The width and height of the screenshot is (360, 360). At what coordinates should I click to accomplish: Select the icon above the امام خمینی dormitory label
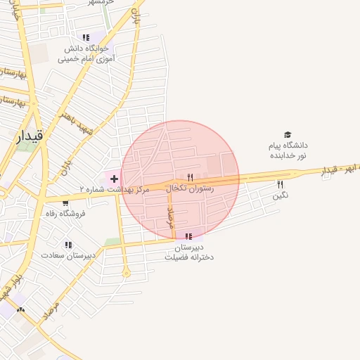(86, 38)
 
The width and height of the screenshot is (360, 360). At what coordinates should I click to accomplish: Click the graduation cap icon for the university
(287, 134)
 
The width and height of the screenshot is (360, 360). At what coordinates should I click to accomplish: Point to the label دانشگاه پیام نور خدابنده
(287, 150)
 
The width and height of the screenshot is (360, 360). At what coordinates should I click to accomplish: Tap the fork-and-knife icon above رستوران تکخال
(190, 177)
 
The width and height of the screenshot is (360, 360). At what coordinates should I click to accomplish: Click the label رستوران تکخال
(190, 189)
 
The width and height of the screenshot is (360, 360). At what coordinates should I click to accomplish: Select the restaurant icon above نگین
(281, 184)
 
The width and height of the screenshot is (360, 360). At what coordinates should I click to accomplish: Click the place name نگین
(281, 195)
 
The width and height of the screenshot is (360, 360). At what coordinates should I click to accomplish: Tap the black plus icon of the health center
(114, 179)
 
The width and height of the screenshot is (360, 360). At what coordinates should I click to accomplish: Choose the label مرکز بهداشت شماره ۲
(115, 190)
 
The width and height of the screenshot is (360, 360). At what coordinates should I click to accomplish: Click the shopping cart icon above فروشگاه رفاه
(65, 203)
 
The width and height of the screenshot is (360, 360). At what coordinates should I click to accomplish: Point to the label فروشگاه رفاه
(65, 213)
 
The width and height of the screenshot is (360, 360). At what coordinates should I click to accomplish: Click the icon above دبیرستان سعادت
(68, 245)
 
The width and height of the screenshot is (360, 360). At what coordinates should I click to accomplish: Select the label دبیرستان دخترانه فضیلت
(188, 252)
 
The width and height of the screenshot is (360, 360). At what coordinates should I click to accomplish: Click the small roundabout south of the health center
(127, 273)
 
